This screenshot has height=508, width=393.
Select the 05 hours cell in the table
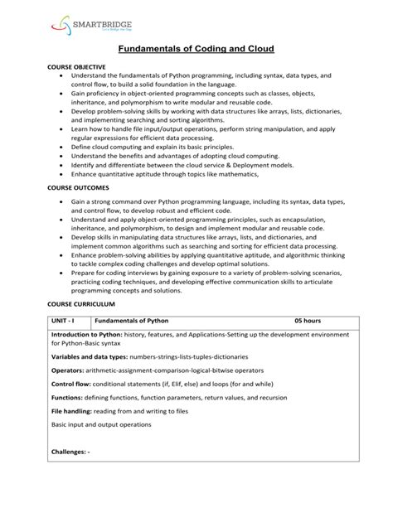[307, 319]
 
